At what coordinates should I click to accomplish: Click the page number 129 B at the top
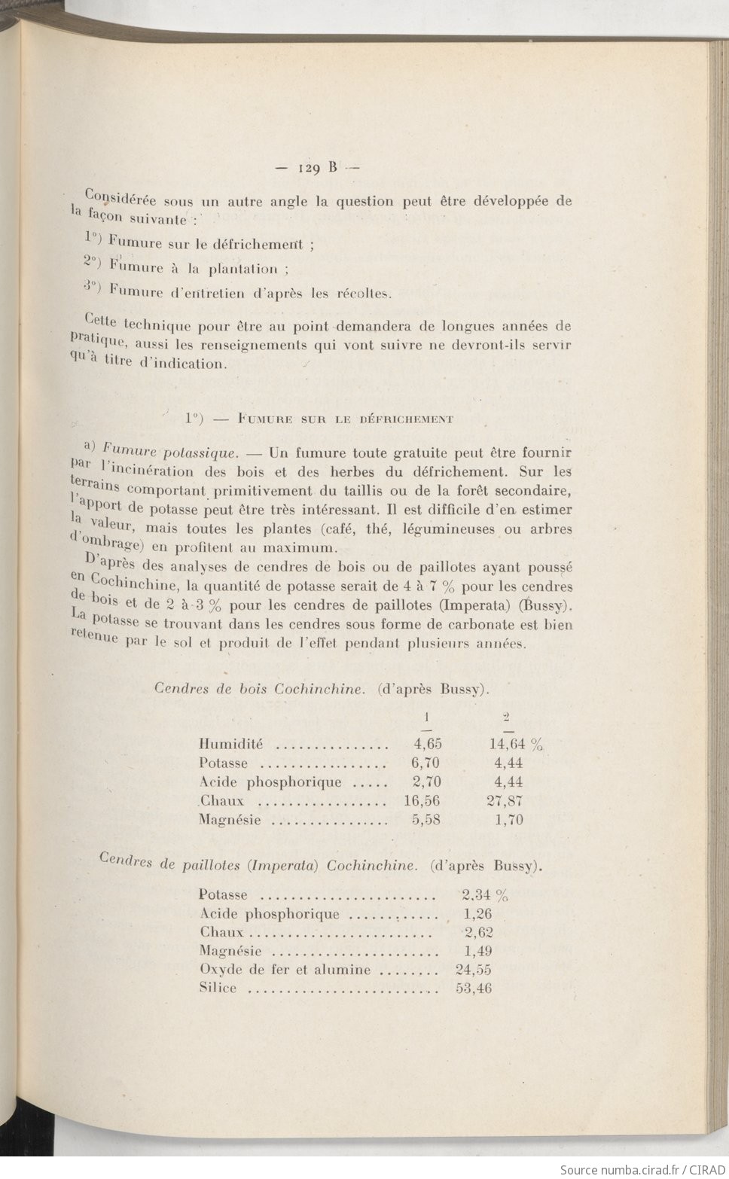tap(318, 168)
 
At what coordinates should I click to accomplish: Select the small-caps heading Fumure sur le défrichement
tap(344, 419)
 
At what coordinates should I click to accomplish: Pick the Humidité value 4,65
tap(427, 744)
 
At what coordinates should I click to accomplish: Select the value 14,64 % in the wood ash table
tap(516, 745)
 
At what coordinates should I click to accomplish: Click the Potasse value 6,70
tap(426, 763)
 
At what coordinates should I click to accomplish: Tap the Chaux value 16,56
tap(422, 801)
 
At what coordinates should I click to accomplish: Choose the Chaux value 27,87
tap(505, 801)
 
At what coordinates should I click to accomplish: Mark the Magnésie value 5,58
tap(426, 820)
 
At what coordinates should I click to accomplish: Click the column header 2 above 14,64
tap(507, 717)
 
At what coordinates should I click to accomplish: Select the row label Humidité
tap(230, 745)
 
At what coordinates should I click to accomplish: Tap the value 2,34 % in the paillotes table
tap(484, 895)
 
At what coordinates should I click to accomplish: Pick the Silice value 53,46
tap(474, 989)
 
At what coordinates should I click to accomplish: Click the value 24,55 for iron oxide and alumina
tap(474, 970)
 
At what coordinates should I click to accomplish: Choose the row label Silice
tap(218, 989)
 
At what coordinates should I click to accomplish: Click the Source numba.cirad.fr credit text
tap(642, 1169)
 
